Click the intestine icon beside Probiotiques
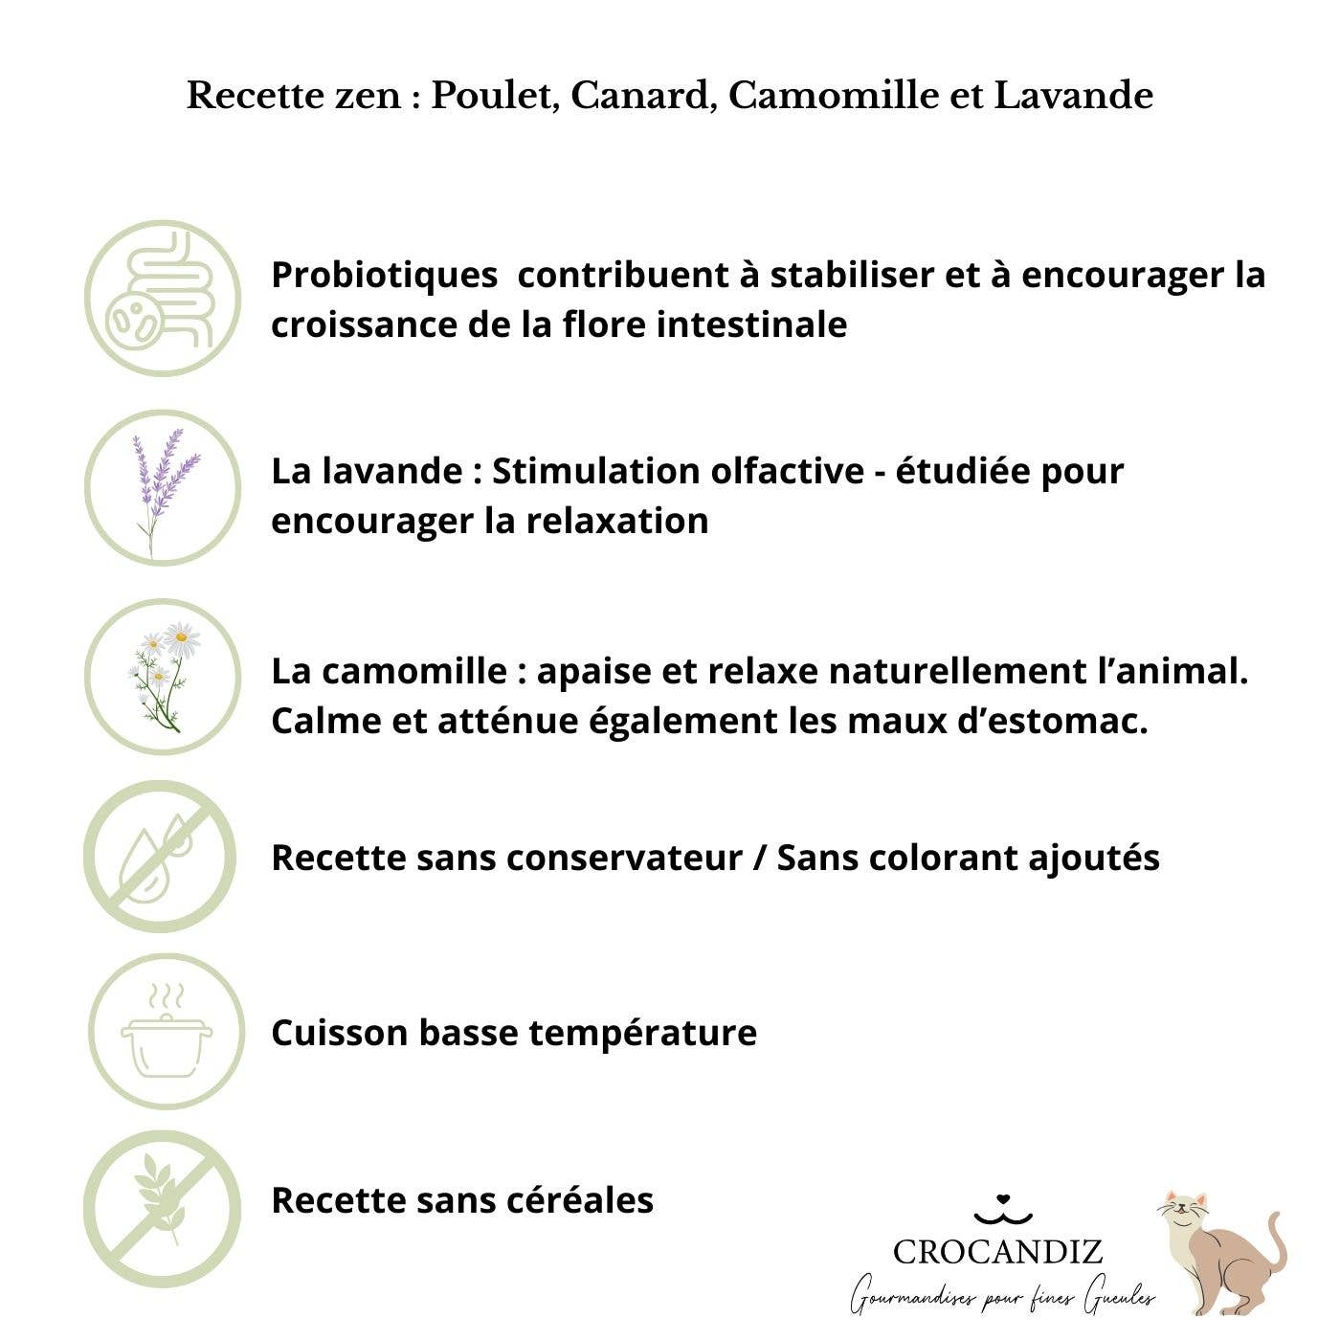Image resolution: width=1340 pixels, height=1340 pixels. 163,299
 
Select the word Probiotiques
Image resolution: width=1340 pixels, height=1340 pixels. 384,276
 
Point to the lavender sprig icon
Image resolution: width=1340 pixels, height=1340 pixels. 163,488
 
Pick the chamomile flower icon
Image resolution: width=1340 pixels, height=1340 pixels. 163,676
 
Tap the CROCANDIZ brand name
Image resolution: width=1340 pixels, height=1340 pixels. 997,1251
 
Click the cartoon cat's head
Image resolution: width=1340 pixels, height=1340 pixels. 1184,1214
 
